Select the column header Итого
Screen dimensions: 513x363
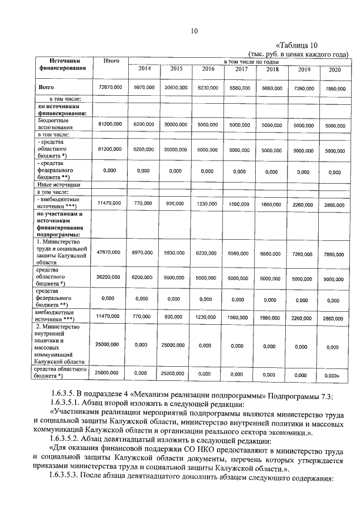click(111, 61)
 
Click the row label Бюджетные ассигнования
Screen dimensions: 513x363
click(53, 124)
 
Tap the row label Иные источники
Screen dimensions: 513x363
click(58, 185)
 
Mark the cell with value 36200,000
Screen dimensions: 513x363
click(110, 278)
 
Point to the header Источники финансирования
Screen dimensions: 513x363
click(63, 64)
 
